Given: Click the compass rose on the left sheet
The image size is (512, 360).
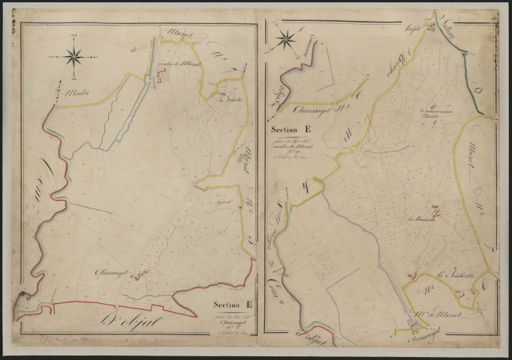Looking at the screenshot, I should [74, 55].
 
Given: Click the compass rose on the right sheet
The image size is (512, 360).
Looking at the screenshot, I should [286, 40].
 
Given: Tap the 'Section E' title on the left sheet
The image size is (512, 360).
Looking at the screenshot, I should [232, 304].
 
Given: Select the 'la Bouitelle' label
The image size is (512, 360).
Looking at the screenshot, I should [422, 220].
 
